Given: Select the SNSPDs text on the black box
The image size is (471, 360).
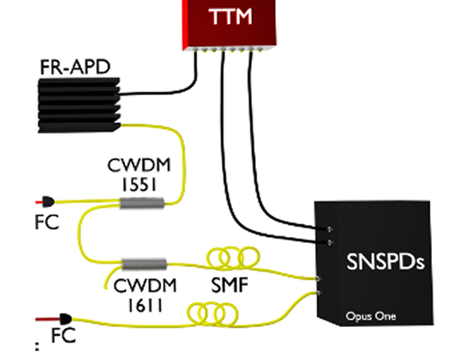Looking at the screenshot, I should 386,262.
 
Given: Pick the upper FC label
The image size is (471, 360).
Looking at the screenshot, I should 46,223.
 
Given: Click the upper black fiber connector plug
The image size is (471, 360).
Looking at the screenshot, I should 48,201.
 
